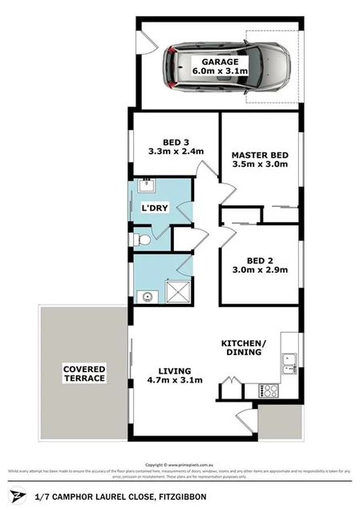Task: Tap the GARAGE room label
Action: coord(220,61)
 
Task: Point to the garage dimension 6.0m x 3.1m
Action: coord(220,72)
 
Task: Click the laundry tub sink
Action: coord(144,187)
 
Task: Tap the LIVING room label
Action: coord(174,370)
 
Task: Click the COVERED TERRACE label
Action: coord(84,373)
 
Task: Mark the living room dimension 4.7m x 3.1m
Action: coord(174,381)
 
